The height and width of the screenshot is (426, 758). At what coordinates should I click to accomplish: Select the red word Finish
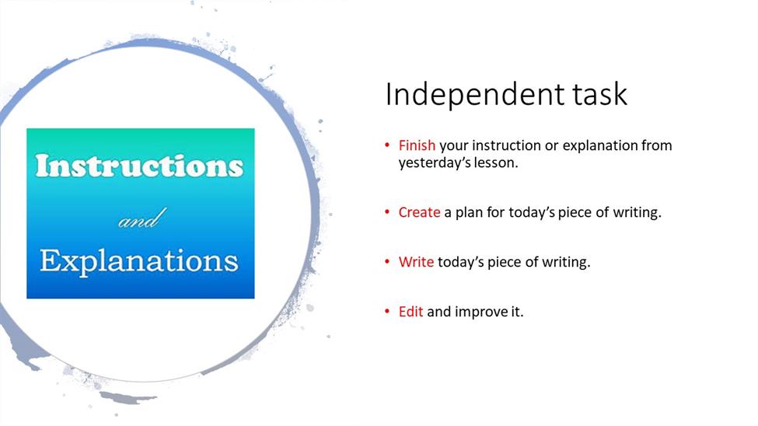coord(417,145)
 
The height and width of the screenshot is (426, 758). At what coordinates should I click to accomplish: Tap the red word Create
coord(419,212)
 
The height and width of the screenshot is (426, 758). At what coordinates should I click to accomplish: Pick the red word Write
coord(416,262)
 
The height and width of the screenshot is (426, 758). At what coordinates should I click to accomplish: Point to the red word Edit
coord(410,312)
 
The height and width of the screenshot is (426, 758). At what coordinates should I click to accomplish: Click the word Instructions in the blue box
coord(139,166)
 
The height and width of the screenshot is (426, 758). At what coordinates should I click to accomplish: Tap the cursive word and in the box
coord(142,218)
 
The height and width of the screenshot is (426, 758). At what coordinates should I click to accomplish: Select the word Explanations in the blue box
coord(139,262)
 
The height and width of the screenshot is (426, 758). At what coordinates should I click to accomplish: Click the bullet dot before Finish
coord(387,145)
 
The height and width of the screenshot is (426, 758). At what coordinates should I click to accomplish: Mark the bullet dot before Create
coord(387,211)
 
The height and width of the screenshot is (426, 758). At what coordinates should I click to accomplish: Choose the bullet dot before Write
coord(387,262)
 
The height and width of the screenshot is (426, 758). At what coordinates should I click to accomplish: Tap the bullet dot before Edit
coord(387,312)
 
